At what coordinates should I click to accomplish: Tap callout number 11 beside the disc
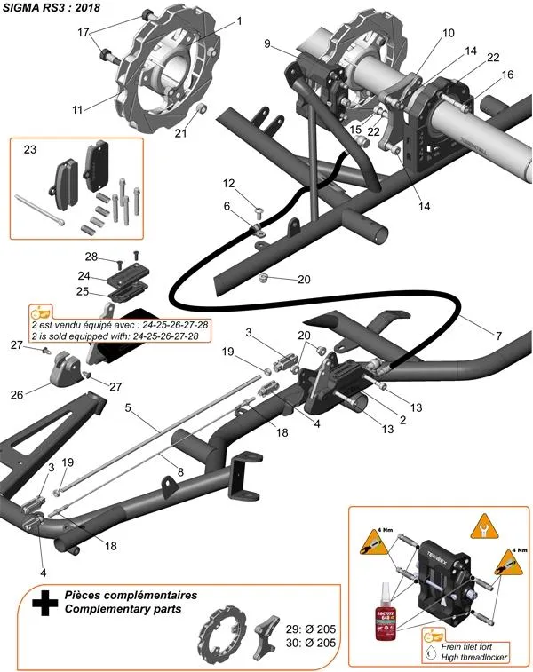click(77, 109)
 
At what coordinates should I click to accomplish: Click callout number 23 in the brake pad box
click(29, 150)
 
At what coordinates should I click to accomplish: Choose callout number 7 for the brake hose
click(497, 336)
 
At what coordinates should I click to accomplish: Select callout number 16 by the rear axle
click(507, 75)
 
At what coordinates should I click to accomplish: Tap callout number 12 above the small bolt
click(228, 184)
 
